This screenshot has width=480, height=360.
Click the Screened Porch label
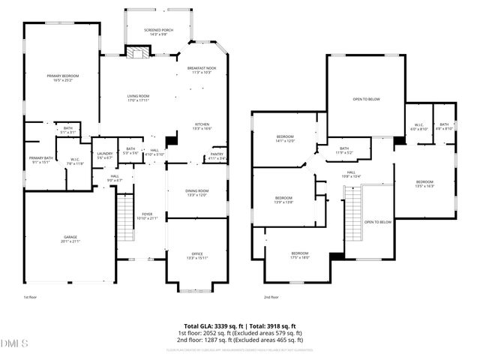pos(157,31)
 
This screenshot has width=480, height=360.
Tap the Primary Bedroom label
pos(63,78)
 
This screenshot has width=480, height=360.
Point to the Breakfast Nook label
pos(202,70)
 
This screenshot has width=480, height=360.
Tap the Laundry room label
pos(105,155)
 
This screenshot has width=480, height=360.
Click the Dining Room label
pos(196,193)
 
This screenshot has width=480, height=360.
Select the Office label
pos(196,255)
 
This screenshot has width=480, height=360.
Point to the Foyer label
pos(148,216)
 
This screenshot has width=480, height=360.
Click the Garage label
pos(70,239)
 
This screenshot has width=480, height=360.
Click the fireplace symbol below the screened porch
pos(137,52)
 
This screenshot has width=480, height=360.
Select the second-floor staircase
pos(353,213)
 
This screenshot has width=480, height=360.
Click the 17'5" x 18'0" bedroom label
pos(300,255)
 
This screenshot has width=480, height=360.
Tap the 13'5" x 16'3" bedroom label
pos(424,184)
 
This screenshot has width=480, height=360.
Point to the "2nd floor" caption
pos(271,298)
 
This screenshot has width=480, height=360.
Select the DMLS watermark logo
pos(14,343)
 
